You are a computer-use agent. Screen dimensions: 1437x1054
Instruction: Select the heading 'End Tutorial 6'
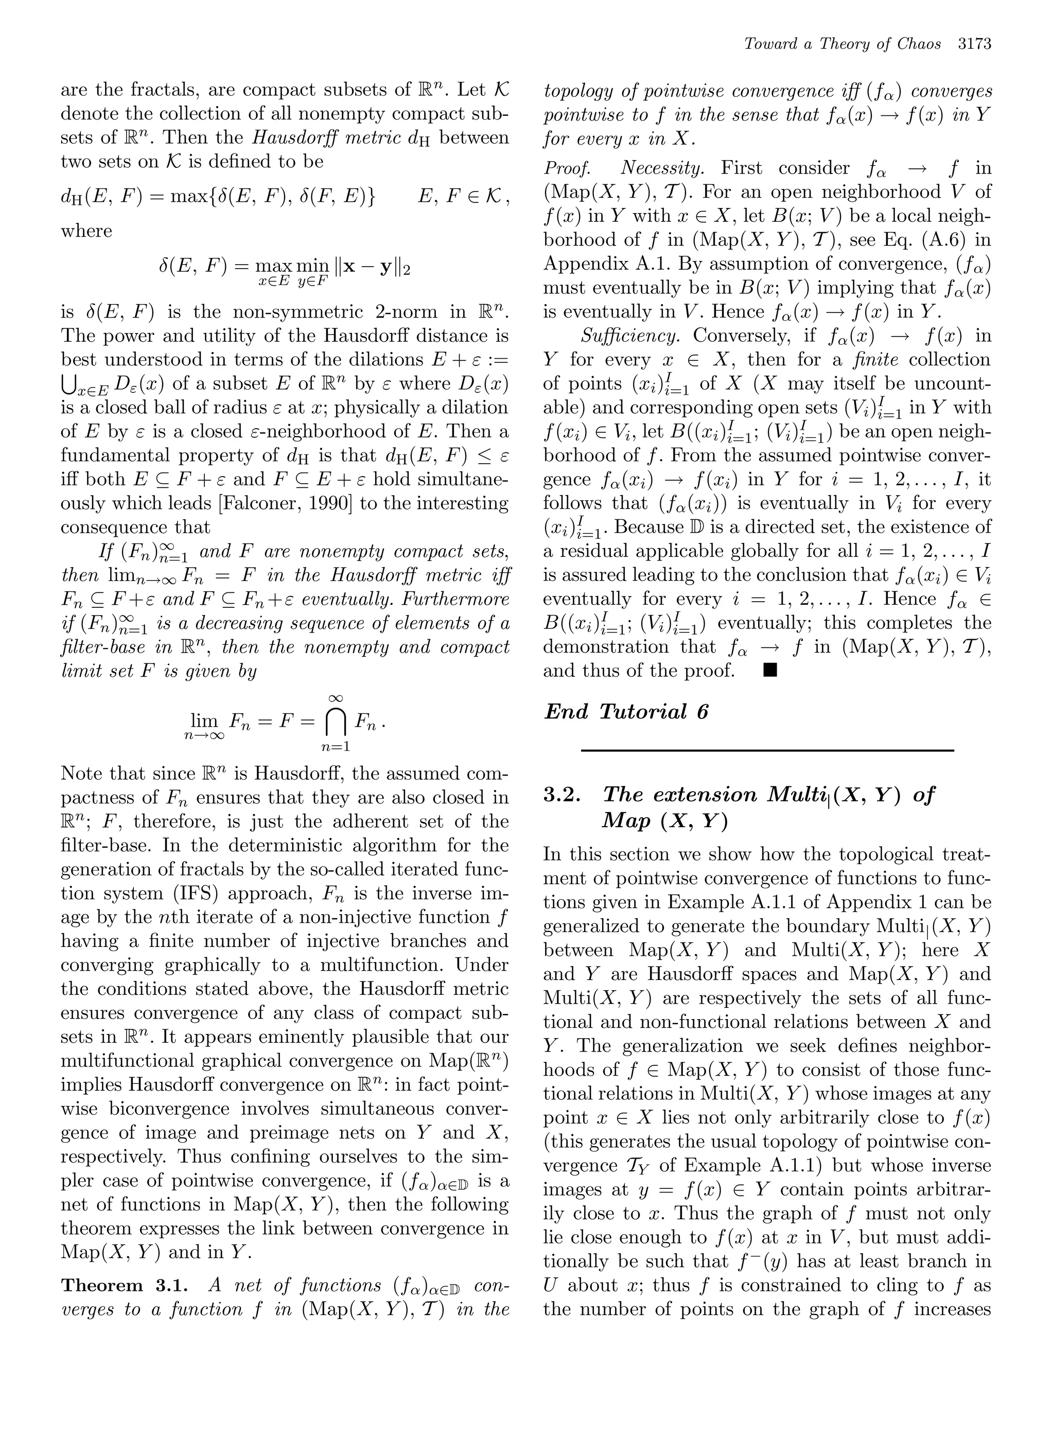point(626,711)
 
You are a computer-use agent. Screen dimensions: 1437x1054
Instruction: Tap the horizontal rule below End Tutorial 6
point(767,750)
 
